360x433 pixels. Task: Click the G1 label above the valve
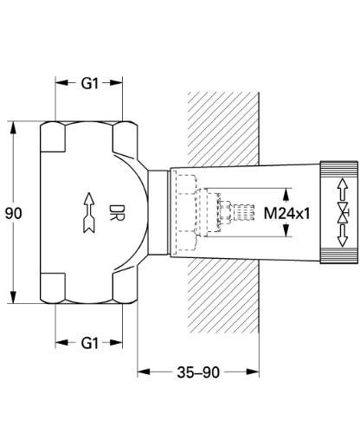[x=90, y=84]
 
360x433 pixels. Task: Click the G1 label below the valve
[x=90, y=343]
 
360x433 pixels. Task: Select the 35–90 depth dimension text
[x=200, y=372]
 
